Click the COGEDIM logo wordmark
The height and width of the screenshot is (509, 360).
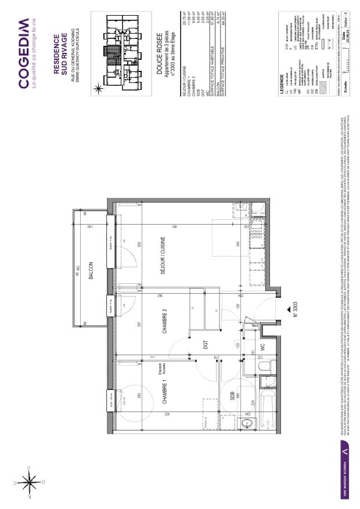coord(24,53)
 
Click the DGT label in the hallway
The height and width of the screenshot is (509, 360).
coord(206,344)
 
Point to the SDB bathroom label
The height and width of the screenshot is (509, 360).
coord(232,396)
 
